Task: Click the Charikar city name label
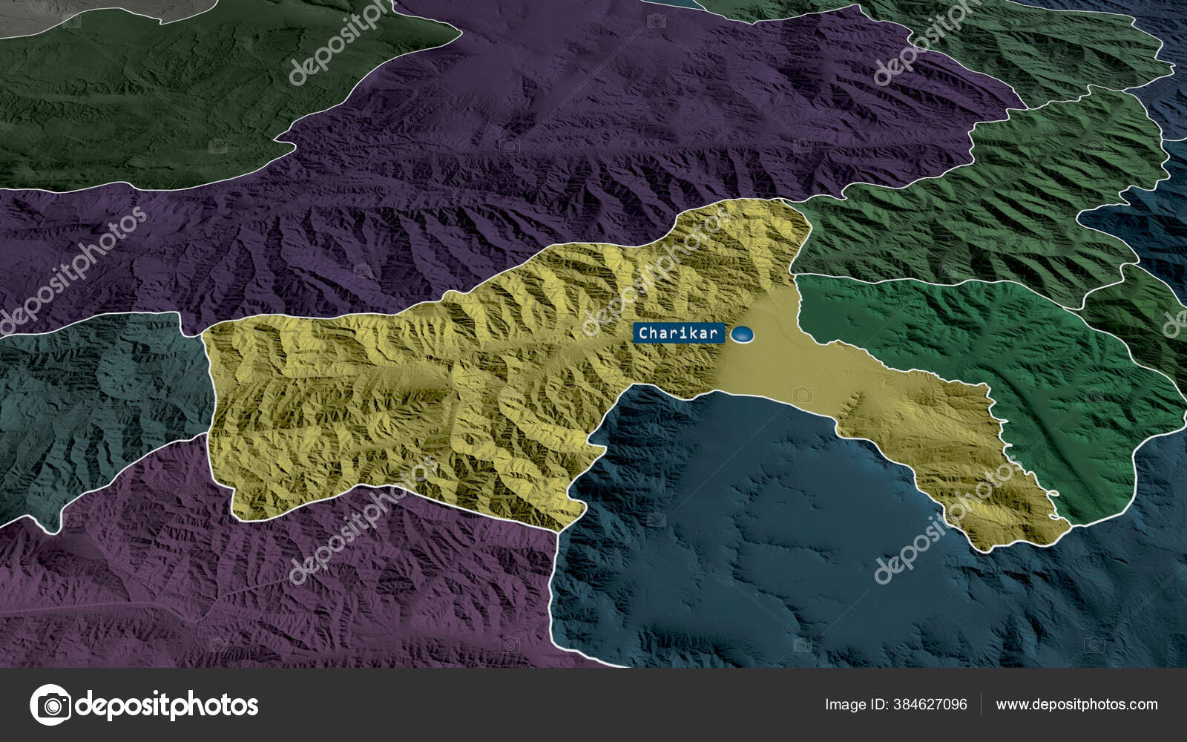click(678, 334)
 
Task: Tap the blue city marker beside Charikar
click(742, 335)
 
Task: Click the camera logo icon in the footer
click(50, 704)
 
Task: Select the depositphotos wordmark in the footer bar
click(167, 704)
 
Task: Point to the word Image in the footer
click(846, 704)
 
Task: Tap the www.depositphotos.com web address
click(1076, 704)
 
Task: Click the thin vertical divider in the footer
click(981, 704)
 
